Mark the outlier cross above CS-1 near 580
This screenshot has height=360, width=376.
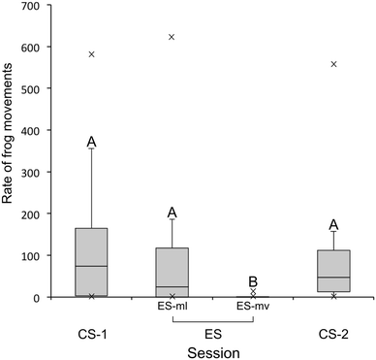point(91,54)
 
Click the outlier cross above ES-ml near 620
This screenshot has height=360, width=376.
point(172,37)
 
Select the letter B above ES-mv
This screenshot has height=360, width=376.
point(253,279)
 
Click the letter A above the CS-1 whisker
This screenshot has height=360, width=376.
point(91,142)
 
